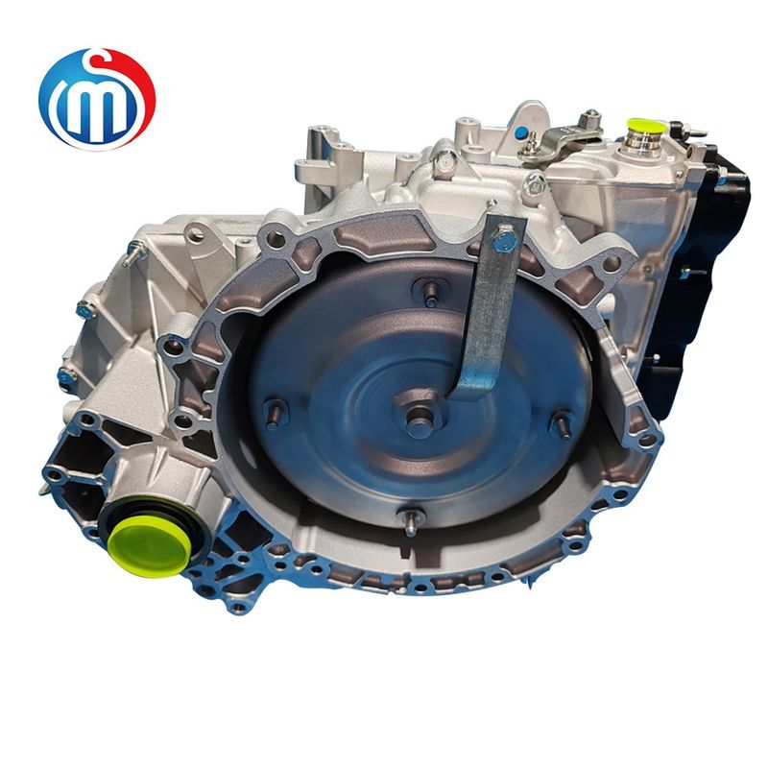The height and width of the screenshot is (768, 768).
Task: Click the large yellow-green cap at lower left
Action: pyautogui.click(x=150, y=546)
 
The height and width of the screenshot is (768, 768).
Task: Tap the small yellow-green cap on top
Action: pyautogui.click(x=647, y=128)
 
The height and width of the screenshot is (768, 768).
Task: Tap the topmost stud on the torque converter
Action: pyautogui.click(x=430, y=293)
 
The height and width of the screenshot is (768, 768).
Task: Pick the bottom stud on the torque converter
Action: pyautogui.click(x=411, y=522)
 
